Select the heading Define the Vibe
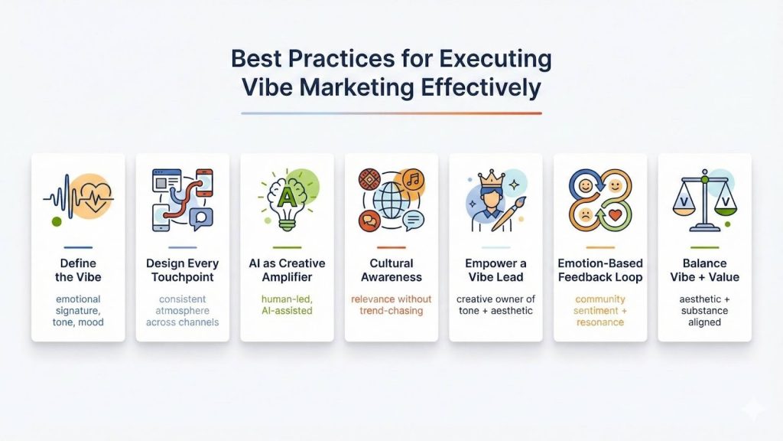point(78,270)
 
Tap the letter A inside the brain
point(287,197)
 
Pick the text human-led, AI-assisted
point(287,305)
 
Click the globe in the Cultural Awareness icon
point(391,198)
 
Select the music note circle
point(414,181)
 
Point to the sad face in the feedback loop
point(585,215)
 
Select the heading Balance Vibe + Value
point(704,270)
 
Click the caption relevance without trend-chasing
point(391,305)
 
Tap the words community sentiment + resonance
point(600,310)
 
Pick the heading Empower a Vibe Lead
point(495,270)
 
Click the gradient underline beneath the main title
point(391,113)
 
